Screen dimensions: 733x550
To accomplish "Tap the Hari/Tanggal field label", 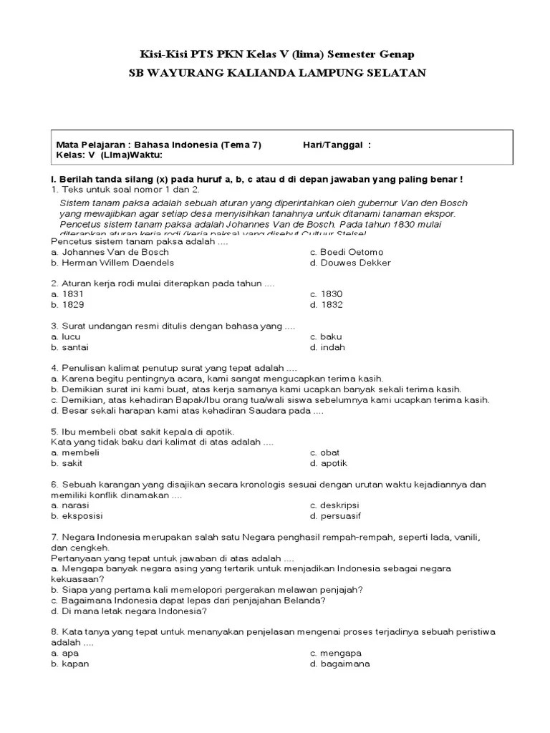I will pyautogui.click(x=337, y=145).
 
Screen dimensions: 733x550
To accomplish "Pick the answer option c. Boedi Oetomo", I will pyautogui.click(x=346, y=252).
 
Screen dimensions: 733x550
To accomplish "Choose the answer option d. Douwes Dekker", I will pyautogui.click(x=350, y=263).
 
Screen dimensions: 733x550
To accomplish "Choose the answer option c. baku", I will pyautogui.click(x=326, y=336).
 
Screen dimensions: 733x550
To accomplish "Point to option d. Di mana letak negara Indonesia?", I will pyautogui.click(x=130, y=611).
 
